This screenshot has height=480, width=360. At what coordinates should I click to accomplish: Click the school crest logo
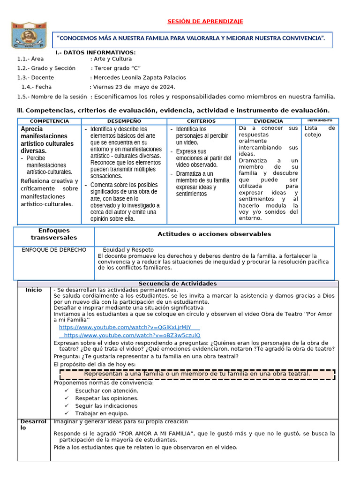[x=30, y=35]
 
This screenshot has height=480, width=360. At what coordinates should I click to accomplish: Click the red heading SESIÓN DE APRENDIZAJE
[x=205, y=22]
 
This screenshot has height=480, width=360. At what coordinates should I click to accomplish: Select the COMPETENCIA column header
[x=49, y=121]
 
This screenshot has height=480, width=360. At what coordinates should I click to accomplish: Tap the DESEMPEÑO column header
[x=124, y=121]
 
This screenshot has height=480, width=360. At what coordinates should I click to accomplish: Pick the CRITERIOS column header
[x=201, y=121]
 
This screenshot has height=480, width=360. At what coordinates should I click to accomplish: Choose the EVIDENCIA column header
[x=268, y=121]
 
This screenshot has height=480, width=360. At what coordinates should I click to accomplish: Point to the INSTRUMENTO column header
[x=320, y=121]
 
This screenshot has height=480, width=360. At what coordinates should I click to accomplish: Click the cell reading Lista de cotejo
[x=320, y=131]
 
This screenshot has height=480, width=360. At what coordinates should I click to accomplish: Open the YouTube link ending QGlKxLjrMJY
[x=125, y=327]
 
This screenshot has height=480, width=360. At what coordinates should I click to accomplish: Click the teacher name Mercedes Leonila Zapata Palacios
[x=140, y=77]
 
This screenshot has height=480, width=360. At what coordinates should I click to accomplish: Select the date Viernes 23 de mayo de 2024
[x=134, y=87]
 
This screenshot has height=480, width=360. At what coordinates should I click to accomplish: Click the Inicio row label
[x=33, y=290]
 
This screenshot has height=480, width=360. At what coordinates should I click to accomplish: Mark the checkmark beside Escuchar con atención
[x=67, y=390]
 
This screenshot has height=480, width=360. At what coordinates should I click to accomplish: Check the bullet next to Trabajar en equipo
[x=67, y=413]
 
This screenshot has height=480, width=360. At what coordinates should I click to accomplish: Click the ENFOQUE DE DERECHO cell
[x=54, y=250]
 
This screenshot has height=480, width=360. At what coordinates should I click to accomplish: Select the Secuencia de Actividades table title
[x=178, y=284]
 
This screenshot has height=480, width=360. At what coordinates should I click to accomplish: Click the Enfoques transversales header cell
[x=54, y=234]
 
